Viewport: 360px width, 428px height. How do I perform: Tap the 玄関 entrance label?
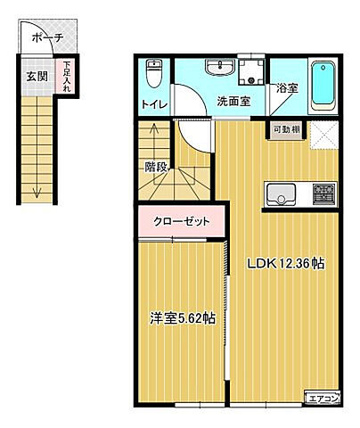click(x=37, y=76)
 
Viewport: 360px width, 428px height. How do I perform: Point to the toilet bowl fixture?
click(x=155, y=73)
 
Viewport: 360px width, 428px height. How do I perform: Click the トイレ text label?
click(x=153, y=104)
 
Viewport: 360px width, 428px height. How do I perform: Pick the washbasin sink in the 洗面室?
click(x=217, y=70)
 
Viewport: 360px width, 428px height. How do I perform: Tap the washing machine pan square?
click(x=252, y=71)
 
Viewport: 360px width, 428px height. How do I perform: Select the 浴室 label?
click(x=287, y=88)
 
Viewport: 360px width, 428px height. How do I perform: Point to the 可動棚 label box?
click(x=286, y=130)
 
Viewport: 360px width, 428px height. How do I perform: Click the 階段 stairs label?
click(x=157, y=166)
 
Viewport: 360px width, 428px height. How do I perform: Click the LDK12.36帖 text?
click(x=284, y=265)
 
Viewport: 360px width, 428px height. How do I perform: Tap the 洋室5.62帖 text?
click(x=181, y=318)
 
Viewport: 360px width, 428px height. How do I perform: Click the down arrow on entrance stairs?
click(x=37, y=187)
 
